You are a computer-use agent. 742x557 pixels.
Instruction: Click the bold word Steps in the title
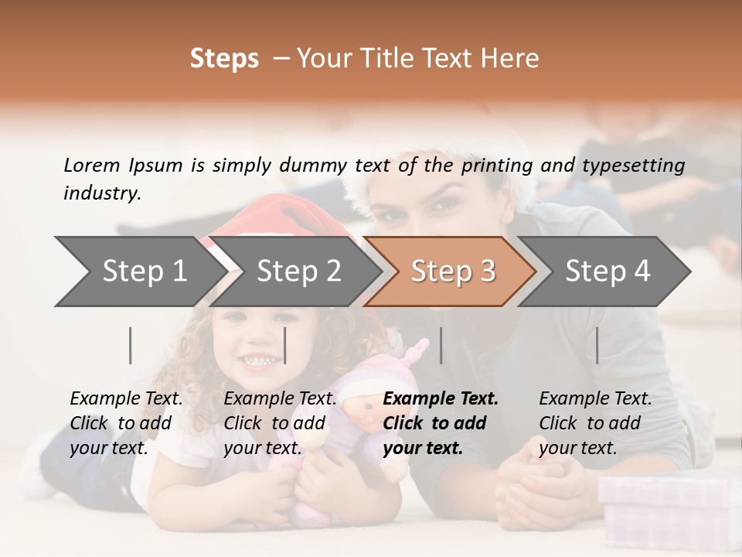pos(224,58)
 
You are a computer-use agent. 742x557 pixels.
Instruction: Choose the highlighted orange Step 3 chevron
pos(453,271)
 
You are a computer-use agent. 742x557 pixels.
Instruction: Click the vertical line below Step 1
pos(131,345)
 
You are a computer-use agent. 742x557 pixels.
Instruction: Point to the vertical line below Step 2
pos(285,345)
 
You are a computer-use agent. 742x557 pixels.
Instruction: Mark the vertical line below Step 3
pos(441,345)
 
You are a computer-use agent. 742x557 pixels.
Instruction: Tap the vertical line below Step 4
pos(597,345)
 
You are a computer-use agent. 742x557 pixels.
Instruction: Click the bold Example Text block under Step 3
pos(441,423)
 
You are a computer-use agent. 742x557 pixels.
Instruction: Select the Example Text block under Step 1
pos(126,423)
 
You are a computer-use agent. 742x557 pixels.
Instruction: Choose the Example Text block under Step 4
pos(595,423)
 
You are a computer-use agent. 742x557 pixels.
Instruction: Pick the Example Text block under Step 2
pos(280,423)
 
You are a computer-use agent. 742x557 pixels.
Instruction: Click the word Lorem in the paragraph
pos(91,165)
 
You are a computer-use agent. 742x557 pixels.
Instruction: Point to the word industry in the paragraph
pos(101,193)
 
